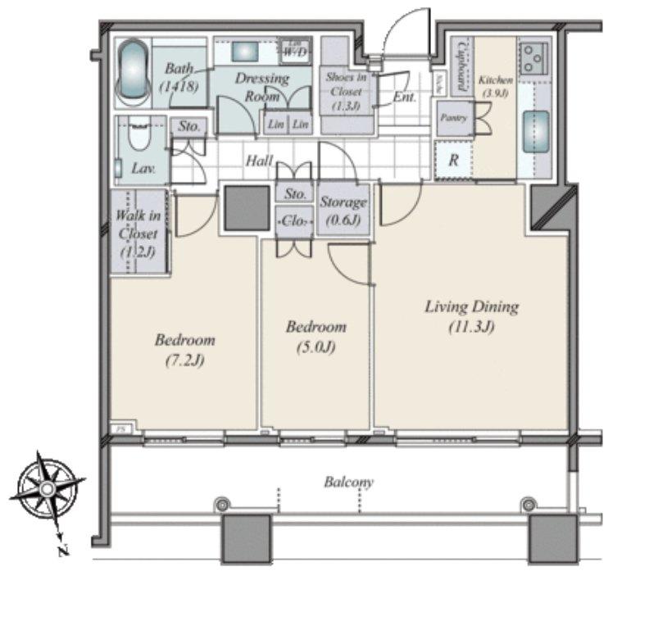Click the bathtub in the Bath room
point(132,73)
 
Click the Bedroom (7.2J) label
point(184,348)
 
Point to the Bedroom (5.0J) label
point(316,336)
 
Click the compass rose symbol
point(48,489)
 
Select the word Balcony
point(348,482)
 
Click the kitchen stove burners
point(534,58)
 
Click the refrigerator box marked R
point(453,161)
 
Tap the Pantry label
point(453,118)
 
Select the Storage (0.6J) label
point(343,211)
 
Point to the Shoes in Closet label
point(346,91)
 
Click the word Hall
point(259,161)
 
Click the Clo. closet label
point(294,220)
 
